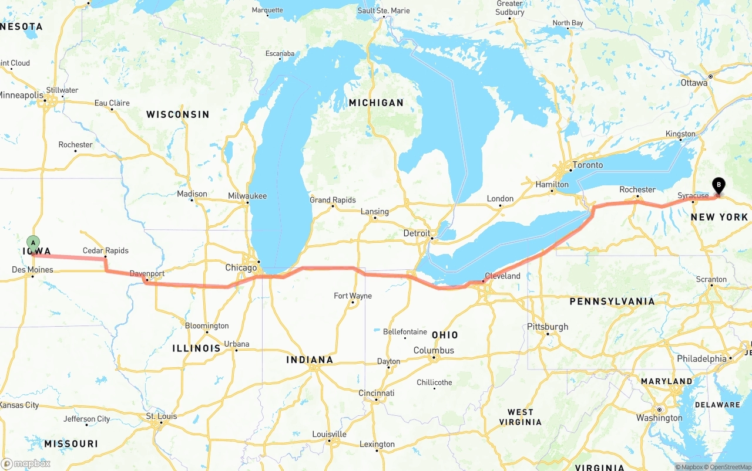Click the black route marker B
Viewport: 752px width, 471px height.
coord(718,185)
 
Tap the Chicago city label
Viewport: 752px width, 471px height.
coord(241,268)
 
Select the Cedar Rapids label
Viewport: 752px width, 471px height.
coord(105,250)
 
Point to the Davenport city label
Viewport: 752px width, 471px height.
coord(147,274)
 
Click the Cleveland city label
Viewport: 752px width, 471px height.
coord(502,276)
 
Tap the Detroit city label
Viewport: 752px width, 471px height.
coord(417,233)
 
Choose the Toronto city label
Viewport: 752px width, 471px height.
coord(587,165)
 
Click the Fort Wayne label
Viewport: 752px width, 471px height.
coord(352,296)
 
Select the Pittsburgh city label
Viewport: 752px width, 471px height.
coord(548,327)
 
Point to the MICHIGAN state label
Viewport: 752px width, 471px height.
coord(376,103)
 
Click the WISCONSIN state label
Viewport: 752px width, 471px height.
coord(177,114)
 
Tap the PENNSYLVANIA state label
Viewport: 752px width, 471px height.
coord(612,301)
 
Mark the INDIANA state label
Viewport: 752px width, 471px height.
coord(310,360)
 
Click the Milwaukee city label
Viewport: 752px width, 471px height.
coord(247,196)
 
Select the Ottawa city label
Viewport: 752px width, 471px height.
coord(694,83)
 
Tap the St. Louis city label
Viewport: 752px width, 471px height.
coord(161,416)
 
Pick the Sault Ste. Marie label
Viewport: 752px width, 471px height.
coord(384,11)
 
